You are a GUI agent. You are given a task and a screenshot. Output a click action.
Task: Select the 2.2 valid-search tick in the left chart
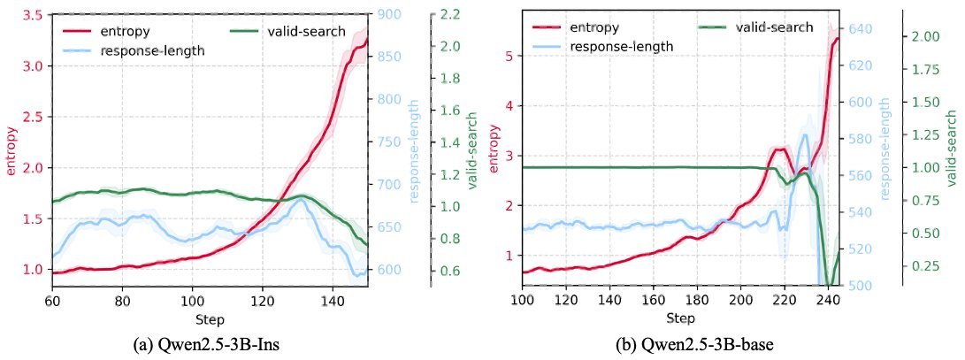[446, 15]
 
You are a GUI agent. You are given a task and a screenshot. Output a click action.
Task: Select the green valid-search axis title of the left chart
[471, 149]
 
